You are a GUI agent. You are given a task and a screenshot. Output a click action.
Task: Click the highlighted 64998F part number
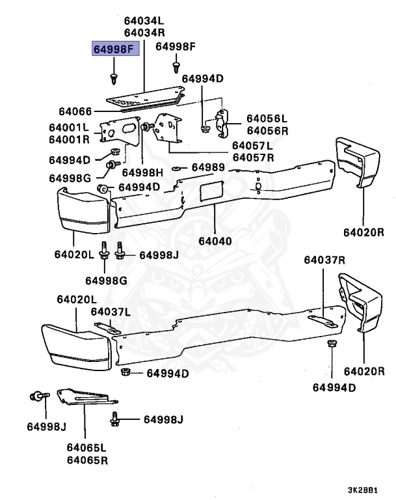tap(115, 48)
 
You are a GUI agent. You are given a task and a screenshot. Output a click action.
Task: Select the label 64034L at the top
tap(144, 21)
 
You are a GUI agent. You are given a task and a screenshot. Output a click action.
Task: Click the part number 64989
tap(208, 168)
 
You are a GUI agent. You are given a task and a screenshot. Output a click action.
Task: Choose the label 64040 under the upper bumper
tap(215, 241)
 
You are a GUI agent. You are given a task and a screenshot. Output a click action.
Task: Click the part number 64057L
tap(254, 145)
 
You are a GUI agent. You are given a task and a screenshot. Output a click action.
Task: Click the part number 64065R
tap(86, 460)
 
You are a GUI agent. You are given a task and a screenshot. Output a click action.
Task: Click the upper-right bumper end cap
tap(360, 163)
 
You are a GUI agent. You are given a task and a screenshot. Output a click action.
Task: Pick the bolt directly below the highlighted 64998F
tap(115, 79)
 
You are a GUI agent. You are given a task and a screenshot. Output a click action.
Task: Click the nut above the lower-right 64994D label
tap(331, 344)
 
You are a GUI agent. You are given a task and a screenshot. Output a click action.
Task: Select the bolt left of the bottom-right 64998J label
tap(116, 420)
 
